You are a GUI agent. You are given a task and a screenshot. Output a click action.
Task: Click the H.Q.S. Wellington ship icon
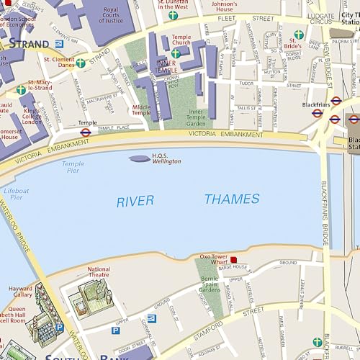tap(139, 158)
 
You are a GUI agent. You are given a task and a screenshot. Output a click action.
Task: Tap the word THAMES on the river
tap(232, 199)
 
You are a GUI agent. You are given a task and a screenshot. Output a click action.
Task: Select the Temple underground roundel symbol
tap(85, 132)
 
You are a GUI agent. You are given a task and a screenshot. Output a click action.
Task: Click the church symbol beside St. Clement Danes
tap(81, 63)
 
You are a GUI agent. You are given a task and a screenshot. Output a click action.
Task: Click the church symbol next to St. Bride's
tap(299, 35)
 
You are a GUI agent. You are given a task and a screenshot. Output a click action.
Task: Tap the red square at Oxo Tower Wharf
tap(233, 259)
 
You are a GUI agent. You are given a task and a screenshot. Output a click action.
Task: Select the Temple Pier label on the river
tap(73, 167)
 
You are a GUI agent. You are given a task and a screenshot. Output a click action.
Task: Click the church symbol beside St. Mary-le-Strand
tap(21, 90)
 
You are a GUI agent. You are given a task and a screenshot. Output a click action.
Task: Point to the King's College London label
tap(32, 115)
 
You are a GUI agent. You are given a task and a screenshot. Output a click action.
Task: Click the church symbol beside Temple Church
tap(176, 53)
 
